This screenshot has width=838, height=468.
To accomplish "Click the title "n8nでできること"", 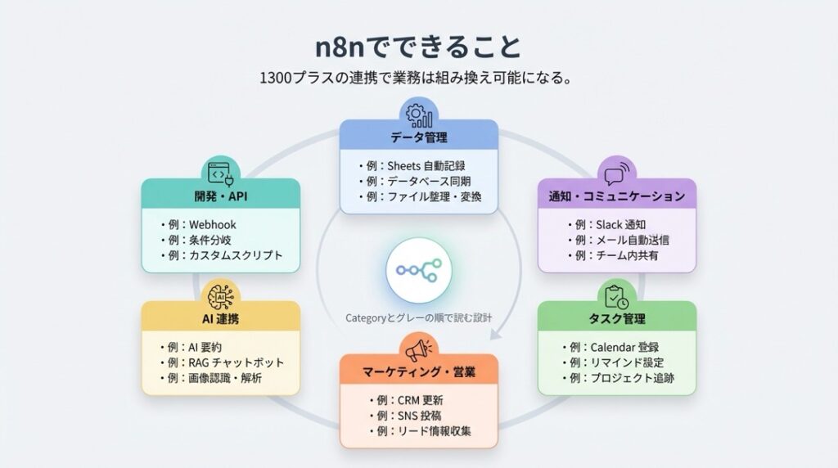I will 418,46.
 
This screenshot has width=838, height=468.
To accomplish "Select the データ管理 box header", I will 418,136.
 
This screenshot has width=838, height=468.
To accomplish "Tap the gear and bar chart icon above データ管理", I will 418,113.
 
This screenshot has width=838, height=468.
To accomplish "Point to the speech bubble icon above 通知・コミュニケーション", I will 616,173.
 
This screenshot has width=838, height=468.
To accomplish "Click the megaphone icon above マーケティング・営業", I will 418,349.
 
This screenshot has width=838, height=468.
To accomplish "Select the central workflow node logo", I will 418,269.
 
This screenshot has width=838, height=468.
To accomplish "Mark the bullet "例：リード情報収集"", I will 420,431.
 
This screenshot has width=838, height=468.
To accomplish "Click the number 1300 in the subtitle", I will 273,79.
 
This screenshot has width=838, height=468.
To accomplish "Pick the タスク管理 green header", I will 616,318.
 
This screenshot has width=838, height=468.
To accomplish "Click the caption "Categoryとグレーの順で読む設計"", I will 418,317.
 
